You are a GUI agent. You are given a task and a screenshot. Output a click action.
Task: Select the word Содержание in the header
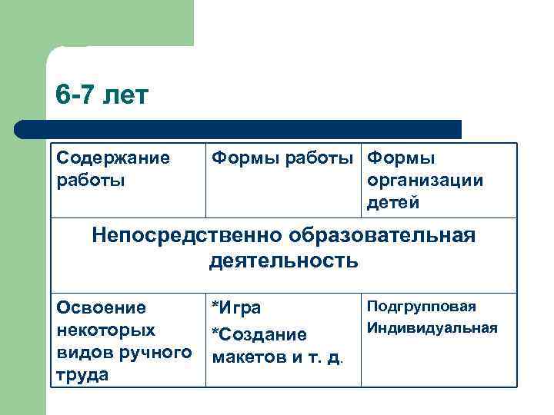click(x=113, y=158)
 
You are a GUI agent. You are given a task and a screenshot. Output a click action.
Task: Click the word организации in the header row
click(x=426, y=181)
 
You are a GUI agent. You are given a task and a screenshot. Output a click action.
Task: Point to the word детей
click(x=392, y=203)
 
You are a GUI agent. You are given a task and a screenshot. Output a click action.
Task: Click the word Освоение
click(x=102, y=308)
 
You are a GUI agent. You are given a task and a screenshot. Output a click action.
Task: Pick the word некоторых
click(x=106, y=330)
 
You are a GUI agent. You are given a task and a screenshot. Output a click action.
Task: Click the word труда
click(x=82, y=375)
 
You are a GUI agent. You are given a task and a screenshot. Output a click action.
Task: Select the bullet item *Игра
click(x=236, y=309)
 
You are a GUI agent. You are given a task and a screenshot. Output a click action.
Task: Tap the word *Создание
click(x=259, y=335)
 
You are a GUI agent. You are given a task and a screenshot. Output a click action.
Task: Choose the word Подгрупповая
click(x=421, y=307)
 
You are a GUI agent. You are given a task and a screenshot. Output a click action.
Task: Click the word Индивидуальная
click(x=432, y=328)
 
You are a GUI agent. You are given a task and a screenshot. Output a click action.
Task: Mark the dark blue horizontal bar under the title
click(x=239, y=129)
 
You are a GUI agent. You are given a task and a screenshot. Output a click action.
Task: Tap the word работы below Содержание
click(x=88, y=181)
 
